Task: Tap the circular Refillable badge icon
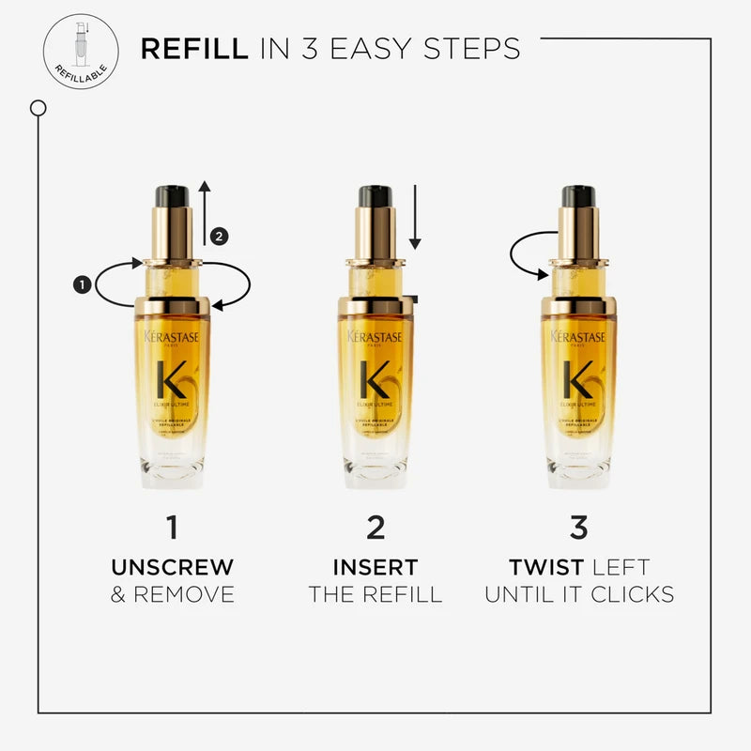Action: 81,52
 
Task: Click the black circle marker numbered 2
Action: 219,237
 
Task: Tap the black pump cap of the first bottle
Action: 172,196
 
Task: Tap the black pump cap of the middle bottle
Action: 375,196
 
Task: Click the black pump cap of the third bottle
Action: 578,196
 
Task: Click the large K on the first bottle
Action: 172,379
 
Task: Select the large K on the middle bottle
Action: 375,379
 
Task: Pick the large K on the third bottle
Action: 578,379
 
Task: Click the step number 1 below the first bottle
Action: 172,528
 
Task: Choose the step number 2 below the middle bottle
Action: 375,528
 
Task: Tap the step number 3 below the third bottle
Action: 578,528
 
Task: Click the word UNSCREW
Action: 172,567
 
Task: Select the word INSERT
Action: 375,567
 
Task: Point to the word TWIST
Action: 541,567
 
